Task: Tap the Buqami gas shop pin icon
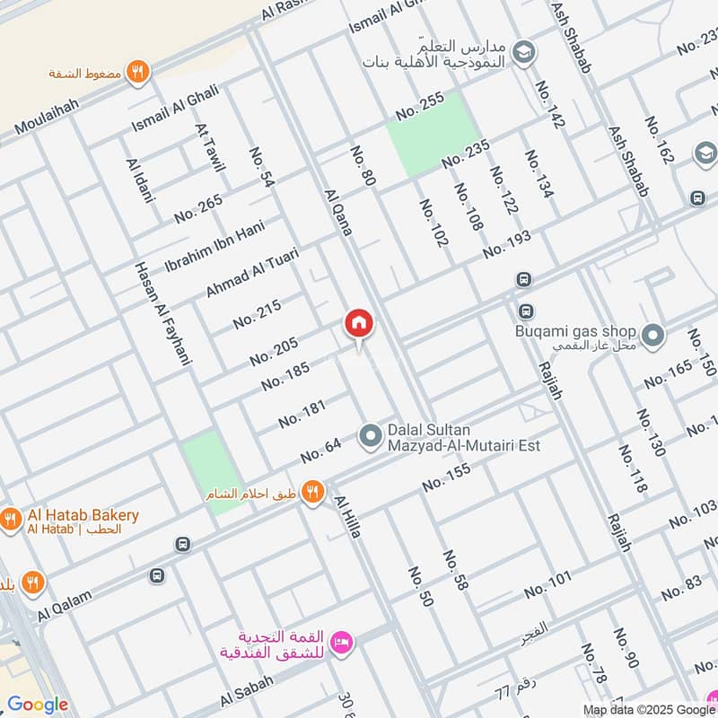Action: click(x=653, y=337)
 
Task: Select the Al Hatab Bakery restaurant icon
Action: click(x=11, y=519)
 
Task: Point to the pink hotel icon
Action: click(x=341, y=642)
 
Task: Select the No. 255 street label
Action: click(x=420, y=107)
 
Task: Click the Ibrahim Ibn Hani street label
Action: click(x=215, y=246)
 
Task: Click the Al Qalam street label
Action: click(x=65, y=611)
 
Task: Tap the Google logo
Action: click(x=38, y=705)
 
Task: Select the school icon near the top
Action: click(x=522, y=54)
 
